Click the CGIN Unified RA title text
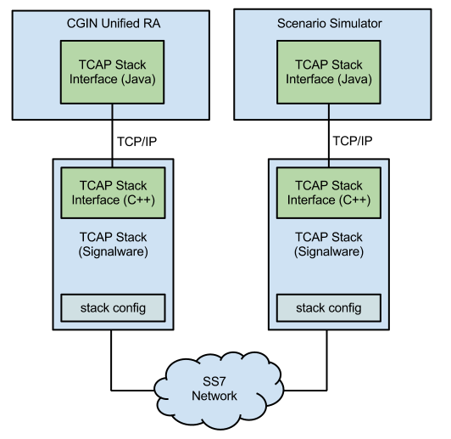(x=113, y=23)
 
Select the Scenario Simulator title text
(x=329, y=23)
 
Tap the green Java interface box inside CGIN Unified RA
(x=113, y=71)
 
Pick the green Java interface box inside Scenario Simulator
(x=329, y=71)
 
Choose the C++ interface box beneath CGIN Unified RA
(x=113, y=192)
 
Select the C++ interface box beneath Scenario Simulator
(x=329, y=192)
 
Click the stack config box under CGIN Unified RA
(x=113, y=307)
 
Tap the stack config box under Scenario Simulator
(x=329, y=307)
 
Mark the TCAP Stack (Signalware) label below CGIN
(x=113, y=245)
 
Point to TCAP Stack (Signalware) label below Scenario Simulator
(x=329, y=245)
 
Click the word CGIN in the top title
(x=81, y=23)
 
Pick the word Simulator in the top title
(x=355, y=23)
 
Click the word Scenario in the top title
(x=303, y=23)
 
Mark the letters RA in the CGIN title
(x=153, y=23)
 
